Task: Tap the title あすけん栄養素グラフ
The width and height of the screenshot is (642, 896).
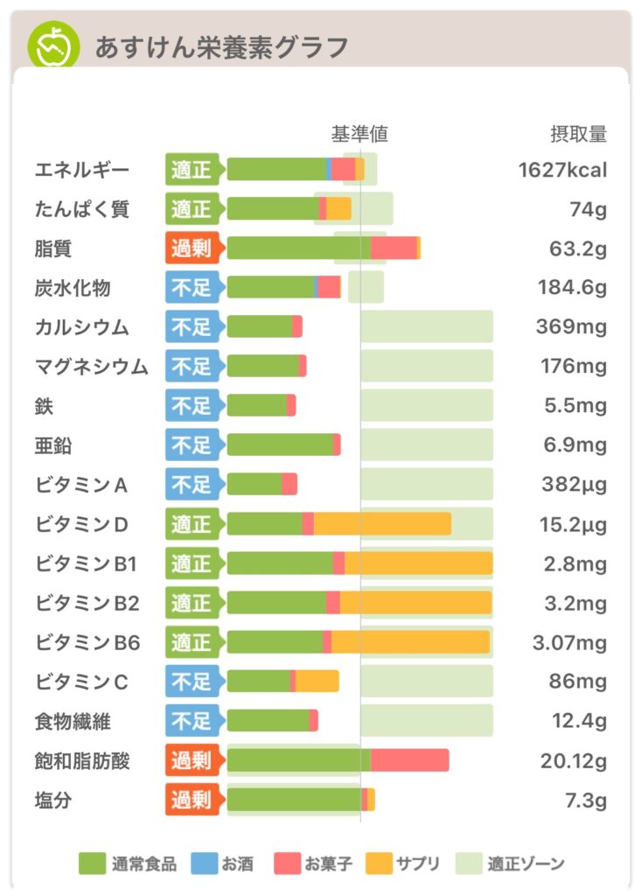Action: coord(221,46)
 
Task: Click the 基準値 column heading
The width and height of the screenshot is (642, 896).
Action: coord(359,134)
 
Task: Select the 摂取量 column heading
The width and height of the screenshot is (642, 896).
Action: coord(577,134)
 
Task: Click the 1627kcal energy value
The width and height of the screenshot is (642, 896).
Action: coord(562,170)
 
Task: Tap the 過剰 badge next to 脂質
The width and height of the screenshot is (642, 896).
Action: coord(191,248)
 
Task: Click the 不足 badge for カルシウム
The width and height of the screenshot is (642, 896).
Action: coord(191,327)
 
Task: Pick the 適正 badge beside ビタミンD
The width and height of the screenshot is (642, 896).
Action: coord(191,524)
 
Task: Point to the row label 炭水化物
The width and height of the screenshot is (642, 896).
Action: coord(73,288)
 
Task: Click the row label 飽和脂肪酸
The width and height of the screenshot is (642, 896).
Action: coord(82,760)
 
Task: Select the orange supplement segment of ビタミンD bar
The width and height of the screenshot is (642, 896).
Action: coord(382,524)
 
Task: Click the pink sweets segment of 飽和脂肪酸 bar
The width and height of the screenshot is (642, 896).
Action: coord(409,760)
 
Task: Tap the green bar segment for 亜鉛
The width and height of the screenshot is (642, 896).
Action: coord(280,445)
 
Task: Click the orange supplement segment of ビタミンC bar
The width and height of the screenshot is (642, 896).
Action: coord(317,682)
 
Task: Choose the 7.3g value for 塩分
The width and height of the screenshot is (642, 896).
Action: coord(586,800)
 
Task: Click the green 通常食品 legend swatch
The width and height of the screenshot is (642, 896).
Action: coord(92,864)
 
